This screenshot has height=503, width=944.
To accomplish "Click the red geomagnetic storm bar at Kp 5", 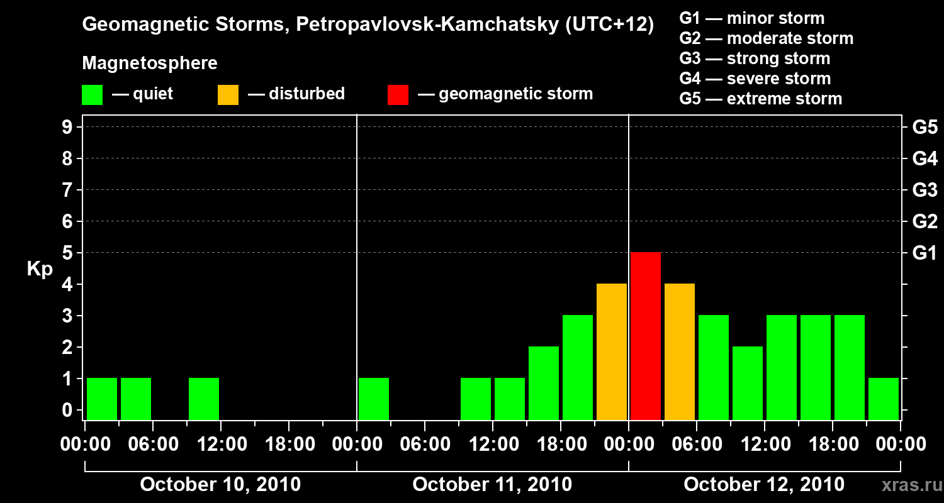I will tap(646, 336).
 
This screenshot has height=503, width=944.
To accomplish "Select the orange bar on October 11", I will tap(612, 351).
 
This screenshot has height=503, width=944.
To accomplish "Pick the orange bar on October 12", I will tap(680, 351).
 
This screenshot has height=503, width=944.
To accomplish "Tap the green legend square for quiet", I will tap(92, 94).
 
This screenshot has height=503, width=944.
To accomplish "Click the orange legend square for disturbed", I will tap(228, 94).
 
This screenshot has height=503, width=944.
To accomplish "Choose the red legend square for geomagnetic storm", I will tap(398, 94).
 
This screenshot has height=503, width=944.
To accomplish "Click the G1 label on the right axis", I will tap(924, 253).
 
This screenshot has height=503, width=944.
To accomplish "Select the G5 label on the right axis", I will tap(924, 127).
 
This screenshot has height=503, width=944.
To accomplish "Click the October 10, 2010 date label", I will tap(220, 485).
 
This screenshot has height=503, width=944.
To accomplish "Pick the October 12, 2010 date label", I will tap(764, 485).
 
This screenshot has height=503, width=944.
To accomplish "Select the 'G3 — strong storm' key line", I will tap(755, 58).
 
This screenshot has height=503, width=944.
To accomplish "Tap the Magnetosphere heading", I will tap(150, 64).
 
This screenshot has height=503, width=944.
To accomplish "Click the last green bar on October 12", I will tap(884, 399).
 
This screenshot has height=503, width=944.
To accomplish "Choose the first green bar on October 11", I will tap(374, 399).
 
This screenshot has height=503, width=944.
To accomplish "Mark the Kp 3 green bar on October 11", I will tap(578, 367).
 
